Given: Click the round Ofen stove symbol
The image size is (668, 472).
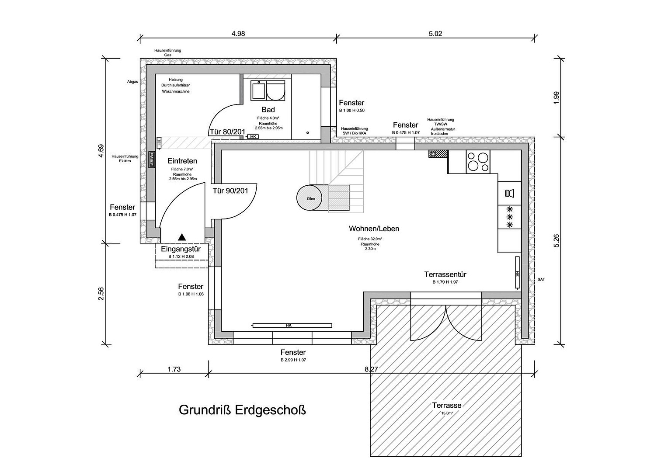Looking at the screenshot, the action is point(309,198).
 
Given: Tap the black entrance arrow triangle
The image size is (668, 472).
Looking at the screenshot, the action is point(182,237).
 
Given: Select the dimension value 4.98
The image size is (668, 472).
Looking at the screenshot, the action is point(238,34).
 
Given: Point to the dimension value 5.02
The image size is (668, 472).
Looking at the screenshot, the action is point(435,34).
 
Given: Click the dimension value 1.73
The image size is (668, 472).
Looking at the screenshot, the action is point(174,369).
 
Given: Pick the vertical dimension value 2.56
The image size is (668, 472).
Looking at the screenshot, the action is point(101,293).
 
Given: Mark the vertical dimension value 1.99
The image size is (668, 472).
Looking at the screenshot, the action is point(557,97).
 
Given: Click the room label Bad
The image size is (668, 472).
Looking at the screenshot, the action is point(268,110).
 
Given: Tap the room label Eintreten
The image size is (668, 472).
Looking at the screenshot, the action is point(182,161).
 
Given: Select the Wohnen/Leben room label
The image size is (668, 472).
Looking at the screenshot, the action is point(374,229).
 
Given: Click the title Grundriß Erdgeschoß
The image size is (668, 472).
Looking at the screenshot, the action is point(242,410).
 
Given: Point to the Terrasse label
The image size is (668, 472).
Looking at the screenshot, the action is point(447,405).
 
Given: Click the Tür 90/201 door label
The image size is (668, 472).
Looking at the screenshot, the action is point(230,191).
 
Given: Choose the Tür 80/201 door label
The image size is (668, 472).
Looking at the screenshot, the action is point(227,132).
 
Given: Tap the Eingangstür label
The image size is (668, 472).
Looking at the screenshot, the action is point(181,249).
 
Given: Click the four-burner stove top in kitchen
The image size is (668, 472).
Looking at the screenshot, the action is point(478,162).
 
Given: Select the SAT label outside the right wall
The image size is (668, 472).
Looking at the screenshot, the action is point(541,279).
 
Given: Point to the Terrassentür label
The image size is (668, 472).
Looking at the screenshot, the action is point(445,274).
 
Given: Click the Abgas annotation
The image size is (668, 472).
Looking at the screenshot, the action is point(132,82).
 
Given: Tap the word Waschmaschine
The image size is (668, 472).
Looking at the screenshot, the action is point(176,91).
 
